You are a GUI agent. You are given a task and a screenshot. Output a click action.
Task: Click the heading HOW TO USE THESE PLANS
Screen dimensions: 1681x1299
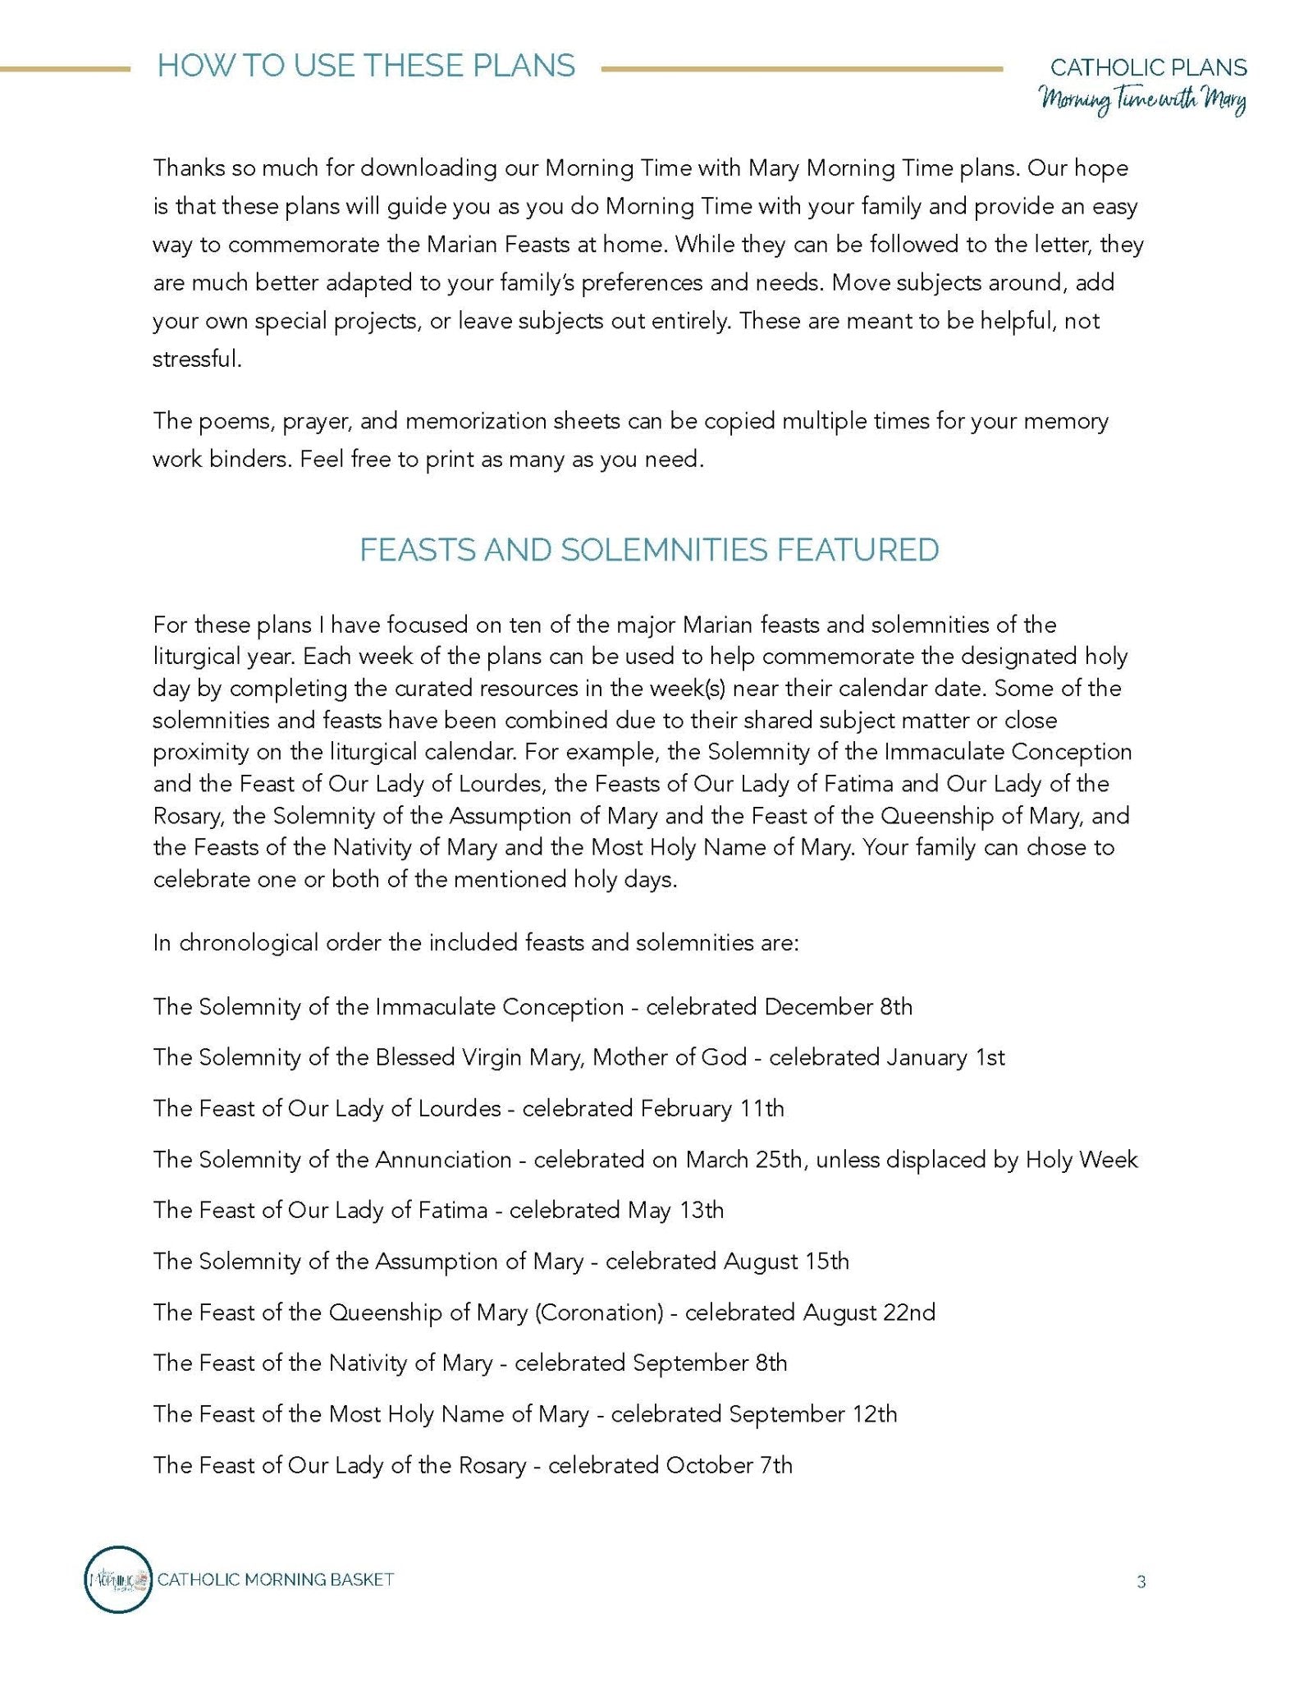(x=366, y=66)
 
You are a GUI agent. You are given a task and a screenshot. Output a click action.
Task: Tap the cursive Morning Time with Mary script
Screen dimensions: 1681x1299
(x=1143, y=102)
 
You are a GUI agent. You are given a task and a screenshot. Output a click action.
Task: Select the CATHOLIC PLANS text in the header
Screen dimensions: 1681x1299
(x=1148, y=67)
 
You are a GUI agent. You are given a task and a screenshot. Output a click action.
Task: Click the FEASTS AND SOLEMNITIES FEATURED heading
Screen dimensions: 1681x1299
(x=649, y=550)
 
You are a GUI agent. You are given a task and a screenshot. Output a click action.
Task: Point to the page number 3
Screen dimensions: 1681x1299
(x=1141, y=1582)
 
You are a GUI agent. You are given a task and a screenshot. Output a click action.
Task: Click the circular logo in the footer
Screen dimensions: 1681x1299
(x=119, y=1579)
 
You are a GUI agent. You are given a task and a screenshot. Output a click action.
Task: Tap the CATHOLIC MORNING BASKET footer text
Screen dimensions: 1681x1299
(x=276, y=1579)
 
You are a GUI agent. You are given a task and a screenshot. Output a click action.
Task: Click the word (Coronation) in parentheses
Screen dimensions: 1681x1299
(x=598, y=1312)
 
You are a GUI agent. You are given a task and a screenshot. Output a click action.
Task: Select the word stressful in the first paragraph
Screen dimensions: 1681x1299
(x=197, y=359)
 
